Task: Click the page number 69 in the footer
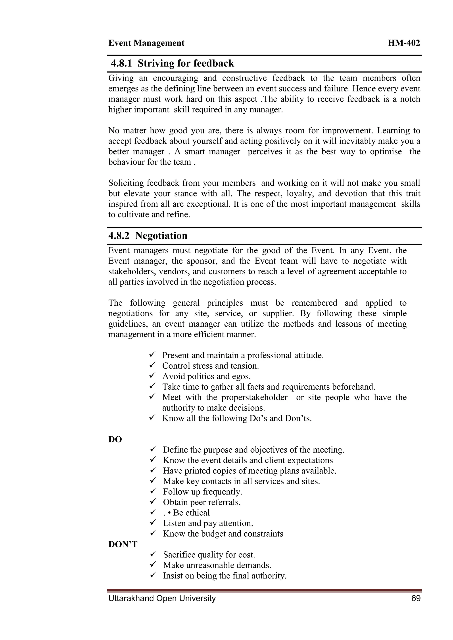(416, 598)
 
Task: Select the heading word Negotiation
(161, 236)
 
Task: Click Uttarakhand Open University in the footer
(162, 598)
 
